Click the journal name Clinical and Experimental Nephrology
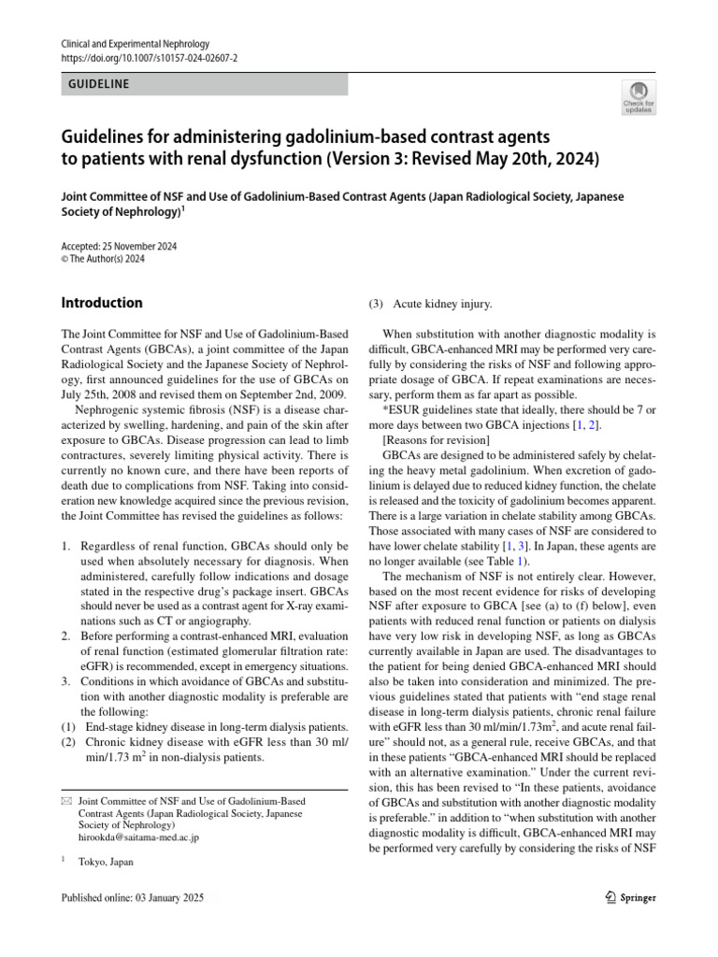[135, 44]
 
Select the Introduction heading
[102, 303]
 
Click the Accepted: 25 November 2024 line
[119, 247]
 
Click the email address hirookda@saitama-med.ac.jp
[138, 837]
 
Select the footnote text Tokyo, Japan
[106, 862]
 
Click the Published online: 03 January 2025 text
[132, 898]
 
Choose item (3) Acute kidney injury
[429, 304]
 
